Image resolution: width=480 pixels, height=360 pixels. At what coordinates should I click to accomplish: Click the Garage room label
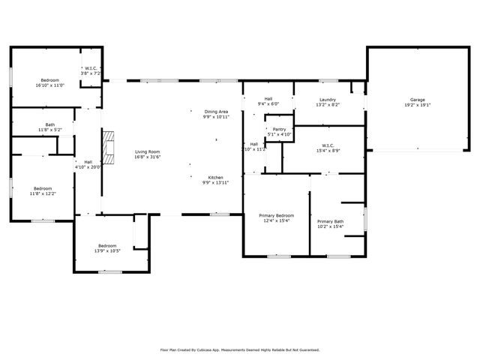point(417,100)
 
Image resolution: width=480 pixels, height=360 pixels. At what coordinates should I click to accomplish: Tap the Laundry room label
point(327,100)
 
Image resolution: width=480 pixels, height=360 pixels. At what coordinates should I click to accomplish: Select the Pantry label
point(279,130)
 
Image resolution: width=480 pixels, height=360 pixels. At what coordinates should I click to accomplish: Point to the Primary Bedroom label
point(276,215)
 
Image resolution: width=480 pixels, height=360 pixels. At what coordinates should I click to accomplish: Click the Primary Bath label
point(330,221)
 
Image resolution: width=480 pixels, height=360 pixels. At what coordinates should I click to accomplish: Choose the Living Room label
point(147,151)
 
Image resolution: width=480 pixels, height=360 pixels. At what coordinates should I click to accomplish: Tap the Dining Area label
point(216,112)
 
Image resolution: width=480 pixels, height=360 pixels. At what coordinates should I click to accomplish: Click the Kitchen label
point(216,178)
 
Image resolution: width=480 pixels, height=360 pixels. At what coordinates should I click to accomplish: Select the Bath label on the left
point(49,125)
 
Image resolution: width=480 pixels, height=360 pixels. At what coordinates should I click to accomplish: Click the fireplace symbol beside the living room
point(109,148)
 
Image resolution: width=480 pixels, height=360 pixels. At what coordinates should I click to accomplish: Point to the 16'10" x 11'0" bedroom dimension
point(49,85)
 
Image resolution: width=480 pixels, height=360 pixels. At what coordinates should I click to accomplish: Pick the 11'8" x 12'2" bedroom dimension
point(42,193)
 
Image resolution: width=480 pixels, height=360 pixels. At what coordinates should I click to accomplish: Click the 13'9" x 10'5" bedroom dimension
point(107,250)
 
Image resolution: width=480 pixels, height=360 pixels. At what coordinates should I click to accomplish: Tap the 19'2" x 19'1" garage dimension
point(417,105)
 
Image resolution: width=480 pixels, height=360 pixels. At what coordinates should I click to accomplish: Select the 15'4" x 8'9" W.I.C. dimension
point(328,151)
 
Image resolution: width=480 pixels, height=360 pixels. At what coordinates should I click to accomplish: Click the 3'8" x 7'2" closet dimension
point(92,73)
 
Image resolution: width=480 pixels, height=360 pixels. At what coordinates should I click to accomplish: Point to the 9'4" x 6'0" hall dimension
point(268,104)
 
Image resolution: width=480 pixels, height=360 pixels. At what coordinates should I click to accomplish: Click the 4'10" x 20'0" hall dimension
point(88,166)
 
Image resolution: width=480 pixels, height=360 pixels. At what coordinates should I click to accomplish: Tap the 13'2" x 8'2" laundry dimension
point(327,105)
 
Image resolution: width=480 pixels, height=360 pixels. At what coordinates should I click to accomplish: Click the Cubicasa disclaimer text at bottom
point(240,349)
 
